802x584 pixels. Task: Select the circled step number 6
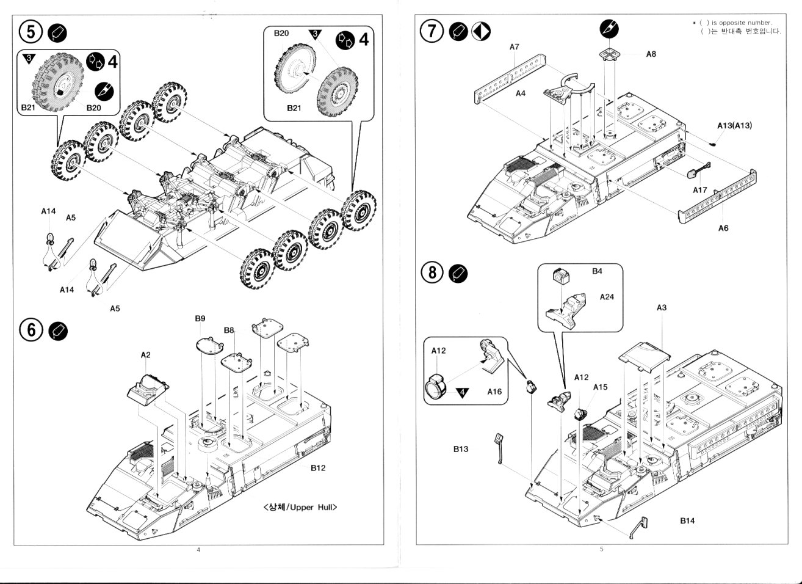tap(31, 330)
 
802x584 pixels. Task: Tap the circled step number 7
tap(432, 31)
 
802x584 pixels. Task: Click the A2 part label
tap(145, 354)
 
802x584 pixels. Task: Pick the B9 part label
tap(200, 318)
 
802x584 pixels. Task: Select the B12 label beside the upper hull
tap(317, 468)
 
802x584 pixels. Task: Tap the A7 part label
tap(514, 46)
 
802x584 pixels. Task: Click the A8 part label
tap(651, 54)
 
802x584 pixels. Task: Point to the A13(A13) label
tap(734, 125)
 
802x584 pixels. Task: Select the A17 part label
tap(699, 190)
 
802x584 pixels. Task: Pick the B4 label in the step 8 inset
tap(597, 271)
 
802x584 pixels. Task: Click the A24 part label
tap(606, 296)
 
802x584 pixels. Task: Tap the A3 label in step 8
tap(662, 308)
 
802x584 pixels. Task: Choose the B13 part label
tap(461, 449)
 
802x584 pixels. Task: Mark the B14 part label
tap(687, 521)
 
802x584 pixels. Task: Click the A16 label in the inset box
tap(494, 392)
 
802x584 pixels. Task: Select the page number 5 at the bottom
tap(601, 549)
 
